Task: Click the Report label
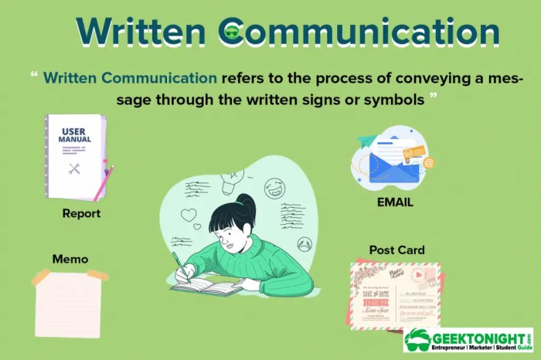pyautogui.click(x=81, y=213)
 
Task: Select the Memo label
pyautogui.click(x=70, y=258)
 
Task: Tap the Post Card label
pyautogui.click(x=396, y=250)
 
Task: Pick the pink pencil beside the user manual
pyautogui.click(x=104, y=183)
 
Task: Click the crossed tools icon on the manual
pyautogui.click(x=74, y=168)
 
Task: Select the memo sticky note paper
pyautogui.click(x=68, y=303)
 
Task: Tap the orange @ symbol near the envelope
pyautogui.click(x=427, y=163)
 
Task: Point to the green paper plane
pyautogui.click(x=367, y=141)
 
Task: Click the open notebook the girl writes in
pyautogui.click(x=205, y=287)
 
